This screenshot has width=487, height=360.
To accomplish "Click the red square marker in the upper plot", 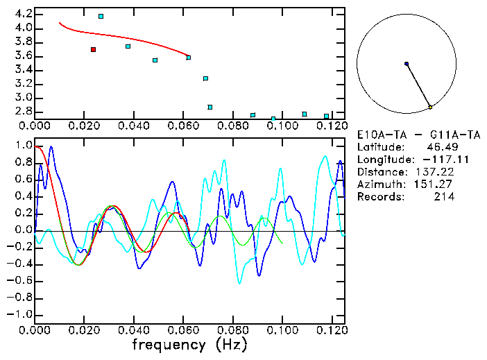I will point(93,49).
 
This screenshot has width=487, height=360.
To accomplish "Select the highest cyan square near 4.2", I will point(101,16).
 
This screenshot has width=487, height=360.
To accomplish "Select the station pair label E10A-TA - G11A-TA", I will point(418,135).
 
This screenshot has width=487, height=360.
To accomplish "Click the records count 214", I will point(443,197).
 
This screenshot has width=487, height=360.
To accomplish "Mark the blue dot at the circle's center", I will point(407,64).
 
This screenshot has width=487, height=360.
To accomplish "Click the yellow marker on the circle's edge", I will point(430,107).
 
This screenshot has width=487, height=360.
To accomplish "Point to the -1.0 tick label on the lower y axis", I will point(19,314).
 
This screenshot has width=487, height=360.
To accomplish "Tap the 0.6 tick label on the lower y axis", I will point(23,180).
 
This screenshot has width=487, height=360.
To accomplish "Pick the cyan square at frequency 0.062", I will point(189,58).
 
